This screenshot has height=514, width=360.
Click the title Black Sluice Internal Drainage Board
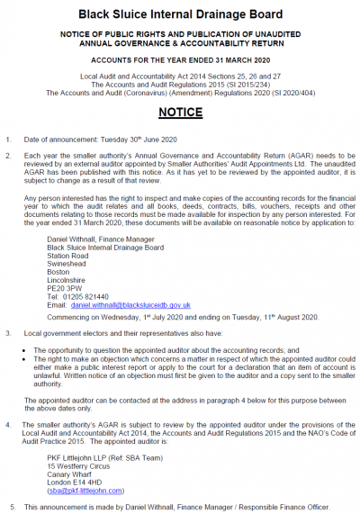coord(180,14)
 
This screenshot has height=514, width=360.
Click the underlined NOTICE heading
coord(180,113)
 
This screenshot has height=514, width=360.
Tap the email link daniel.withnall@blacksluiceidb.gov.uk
coord(130,305)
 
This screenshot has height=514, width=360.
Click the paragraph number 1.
coord(7,140)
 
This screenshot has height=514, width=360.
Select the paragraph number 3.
coord(7,332)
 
